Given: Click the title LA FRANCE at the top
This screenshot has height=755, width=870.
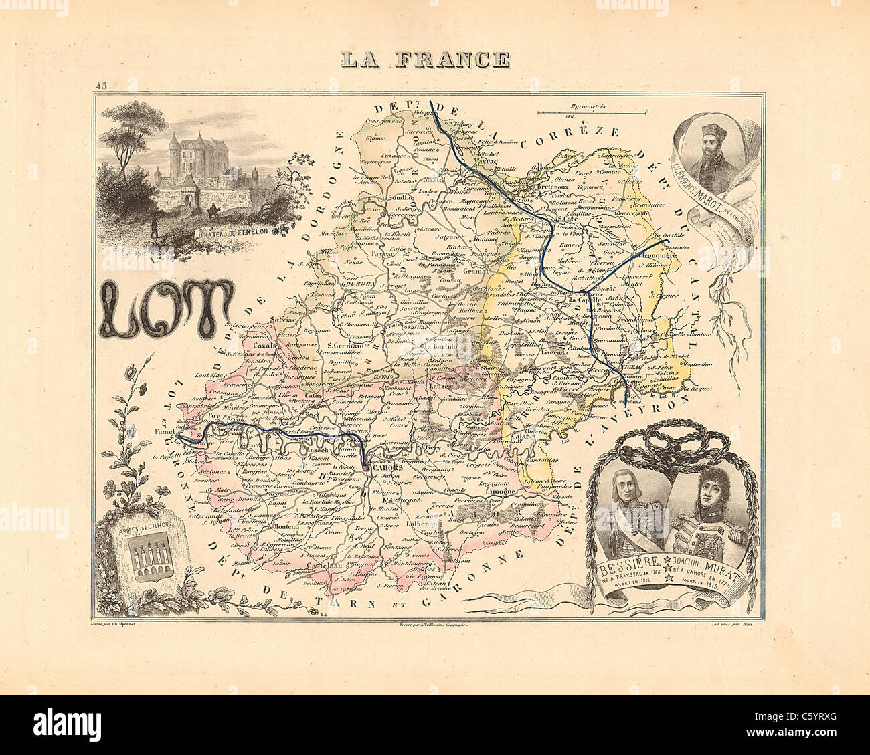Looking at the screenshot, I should (424, 60).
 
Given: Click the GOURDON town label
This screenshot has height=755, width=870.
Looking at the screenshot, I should (358, 283).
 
